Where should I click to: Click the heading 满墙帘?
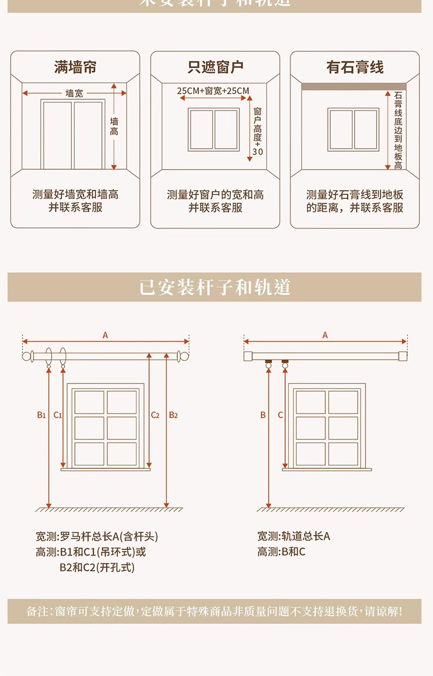76,67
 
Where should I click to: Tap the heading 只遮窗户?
215,67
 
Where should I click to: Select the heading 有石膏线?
355,67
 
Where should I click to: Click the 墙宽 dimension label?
75,94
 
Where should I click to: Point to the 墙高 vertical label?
114,126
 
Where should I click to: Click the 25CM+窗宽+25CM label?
213,90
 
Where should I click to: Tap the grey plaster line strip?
354,86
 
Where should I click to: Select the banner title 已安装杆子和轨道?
214,287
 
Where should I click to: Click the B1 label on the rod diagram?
42,415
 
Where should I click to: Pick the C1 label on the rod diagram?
58,415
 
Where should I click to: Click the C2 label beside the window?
155,415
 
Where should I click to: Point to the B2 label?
173,415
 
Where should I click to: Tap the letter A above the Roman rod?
105,335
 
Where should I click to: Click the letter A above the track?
325,335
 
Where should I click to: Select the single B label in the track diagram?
263,415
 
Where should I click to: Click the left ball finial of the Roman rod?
26,356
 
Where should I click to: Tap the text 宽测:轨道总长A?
294,536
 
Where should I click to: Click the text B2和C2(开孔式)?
97,568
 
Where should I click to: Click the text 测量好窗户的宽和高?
215,195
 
